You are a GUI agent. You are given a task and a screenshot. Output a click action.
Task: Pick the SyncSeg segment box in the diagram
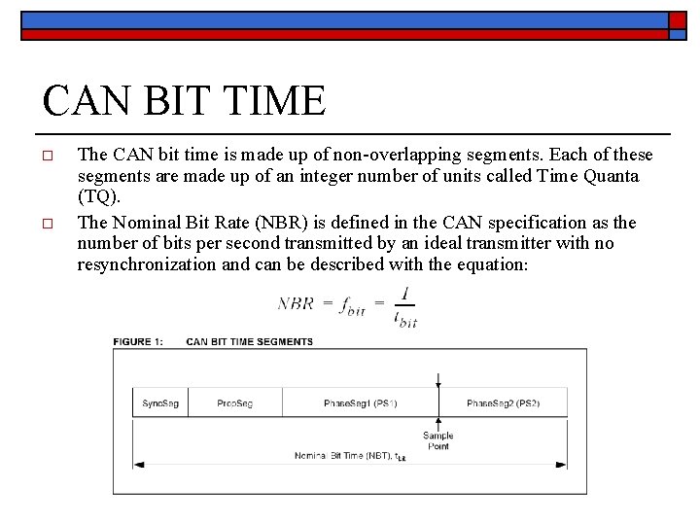(160, 402)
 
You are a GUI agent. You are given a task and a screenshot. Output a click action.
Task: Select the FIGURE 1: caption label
(138, 341)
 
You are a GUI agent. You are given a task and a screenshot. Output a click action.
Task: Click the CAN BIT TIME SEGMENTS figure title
(249, 341)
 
